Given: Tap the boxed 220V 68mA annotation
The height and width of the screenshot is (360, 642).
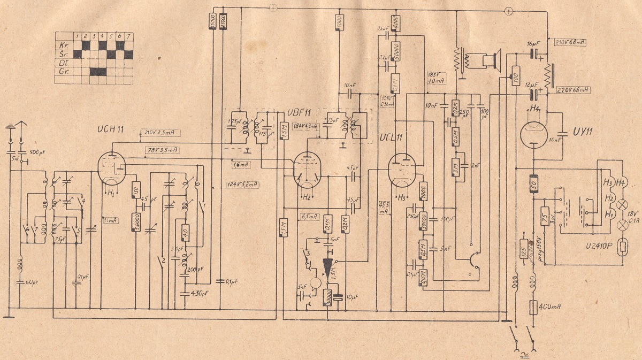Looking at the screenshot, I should [x=572, y=90].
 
